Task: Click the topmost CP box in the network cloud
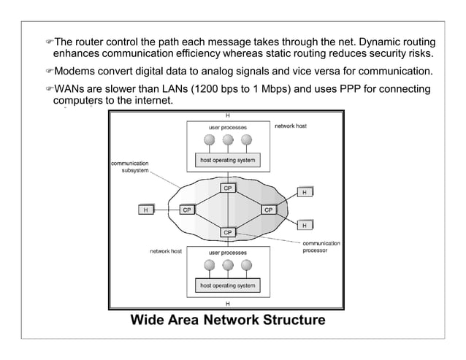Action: pos(227,188)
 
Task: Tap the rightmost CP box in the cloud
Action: pos(268,210)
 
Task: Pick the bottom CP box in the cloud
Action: pos(227,232)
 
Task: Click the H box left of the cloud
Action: pos(147,210)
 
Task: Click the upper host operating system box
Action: pos(227,160)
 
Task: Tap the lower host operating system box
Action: pos(227,285)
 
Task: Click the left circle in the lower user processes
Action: pos(210,266)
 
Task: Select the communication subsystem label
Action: pos(130,166)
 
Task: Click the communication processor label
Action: pos(321,246)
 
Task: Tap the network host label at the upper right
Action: pos(290,126)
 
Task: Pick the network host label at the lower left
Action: pos(166,251)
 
